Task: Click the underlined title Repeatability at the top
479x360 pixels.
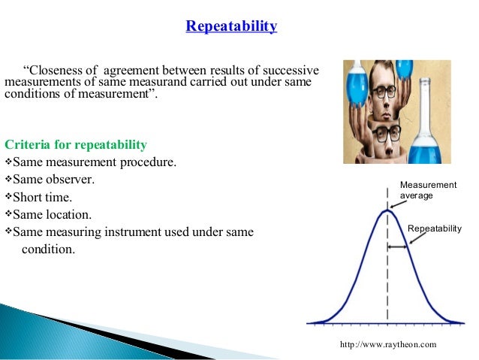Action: (x=231, y=27)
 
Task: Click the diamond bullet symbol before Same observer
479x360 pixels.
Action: (x=9, y=180)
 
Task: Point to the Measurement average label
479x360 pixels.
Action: (x=427, y=190)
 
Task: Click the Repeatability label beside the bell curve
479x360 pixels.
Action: (x=434, y=228)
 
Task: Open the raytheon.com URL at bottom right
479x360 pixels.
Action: (x=387, y=343)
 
